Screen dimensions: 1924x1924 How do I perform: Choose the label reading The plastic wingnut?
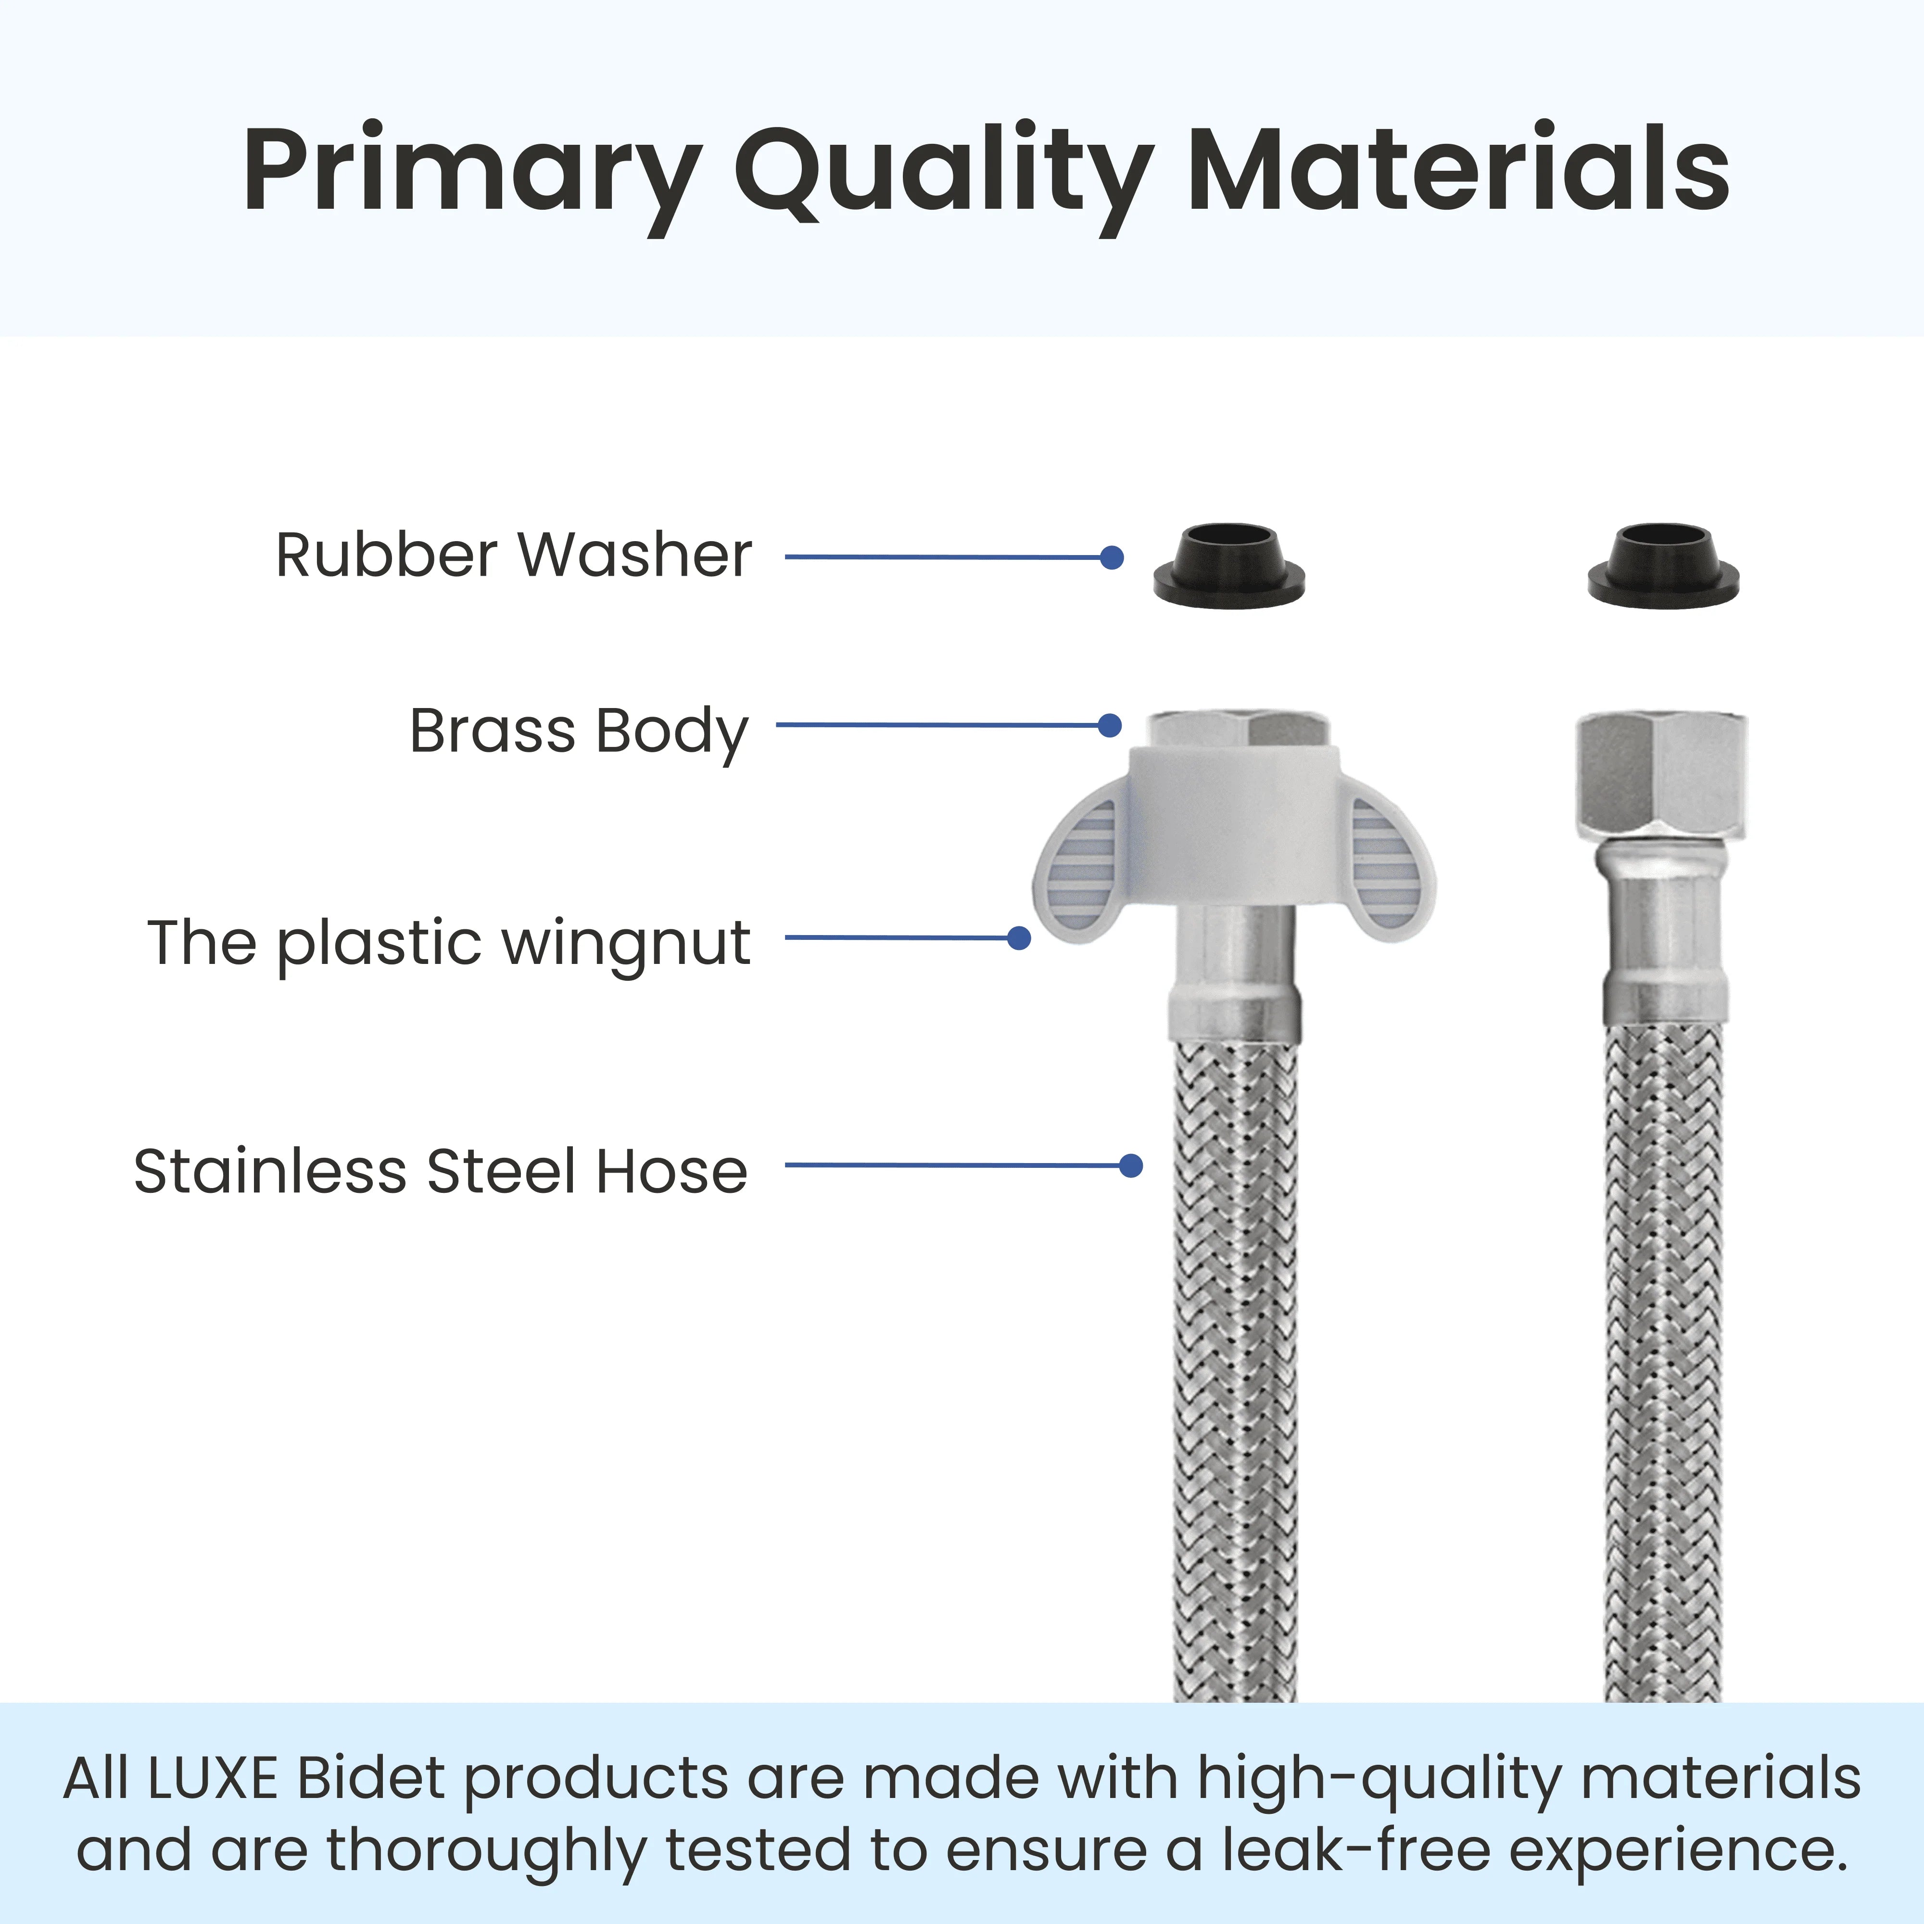(448, 942)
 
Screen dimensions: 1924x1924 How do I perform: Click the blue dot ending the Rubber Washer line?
(1113, 557)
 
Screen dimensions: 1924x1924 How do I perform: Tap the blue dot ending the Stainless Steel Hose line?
(1130, 1165)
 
